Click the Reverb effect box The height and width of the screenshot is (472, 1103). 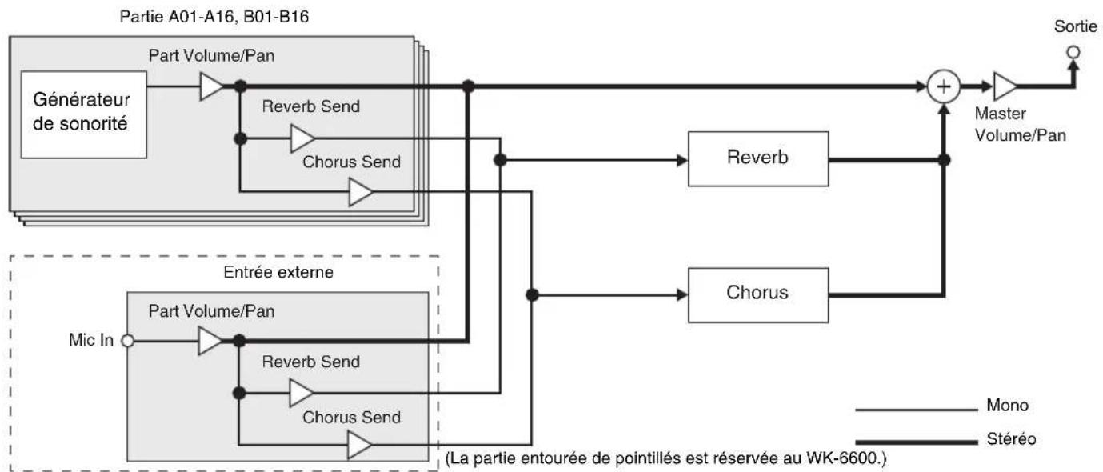point(757,158)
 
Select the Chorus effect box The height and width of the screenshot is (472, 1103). point(757,295)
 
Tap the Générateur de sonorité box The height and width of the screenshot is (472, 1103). point(84,114)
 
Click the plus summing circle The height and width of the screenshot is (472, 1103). point(944,86)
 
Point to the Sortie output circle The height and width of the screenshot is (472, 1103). point(1073,52)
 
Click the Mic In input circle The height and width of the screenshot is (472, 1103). point(127,341)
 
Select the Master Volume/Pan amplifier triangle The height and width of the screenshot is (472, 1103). point(1005,86)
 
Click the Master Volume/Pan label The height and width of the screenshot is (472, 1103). point(1021,124)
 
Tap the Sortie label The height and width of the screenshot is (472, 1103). point(1076,26)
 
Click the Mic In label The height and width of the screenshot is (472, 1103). point(91,340)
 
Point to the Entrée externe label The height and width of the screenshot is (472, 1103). point(278,272)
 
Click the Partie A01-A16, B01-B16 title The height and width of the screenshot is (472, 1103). point(214,17)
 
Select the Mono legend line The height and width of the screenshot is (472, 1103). point(917,410)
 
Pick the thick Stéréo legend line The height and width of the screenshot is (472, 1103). point(917,442)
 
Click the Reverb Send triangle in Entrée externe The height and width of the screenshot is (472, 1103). point(302,393)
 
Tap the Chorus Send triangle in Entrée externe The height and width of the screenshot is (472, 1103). point(359,445)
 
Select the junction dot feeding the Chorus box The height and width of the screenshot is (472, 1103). point(532,295)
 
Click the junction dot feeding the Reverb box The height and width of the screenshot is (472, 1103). point(500,160)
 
